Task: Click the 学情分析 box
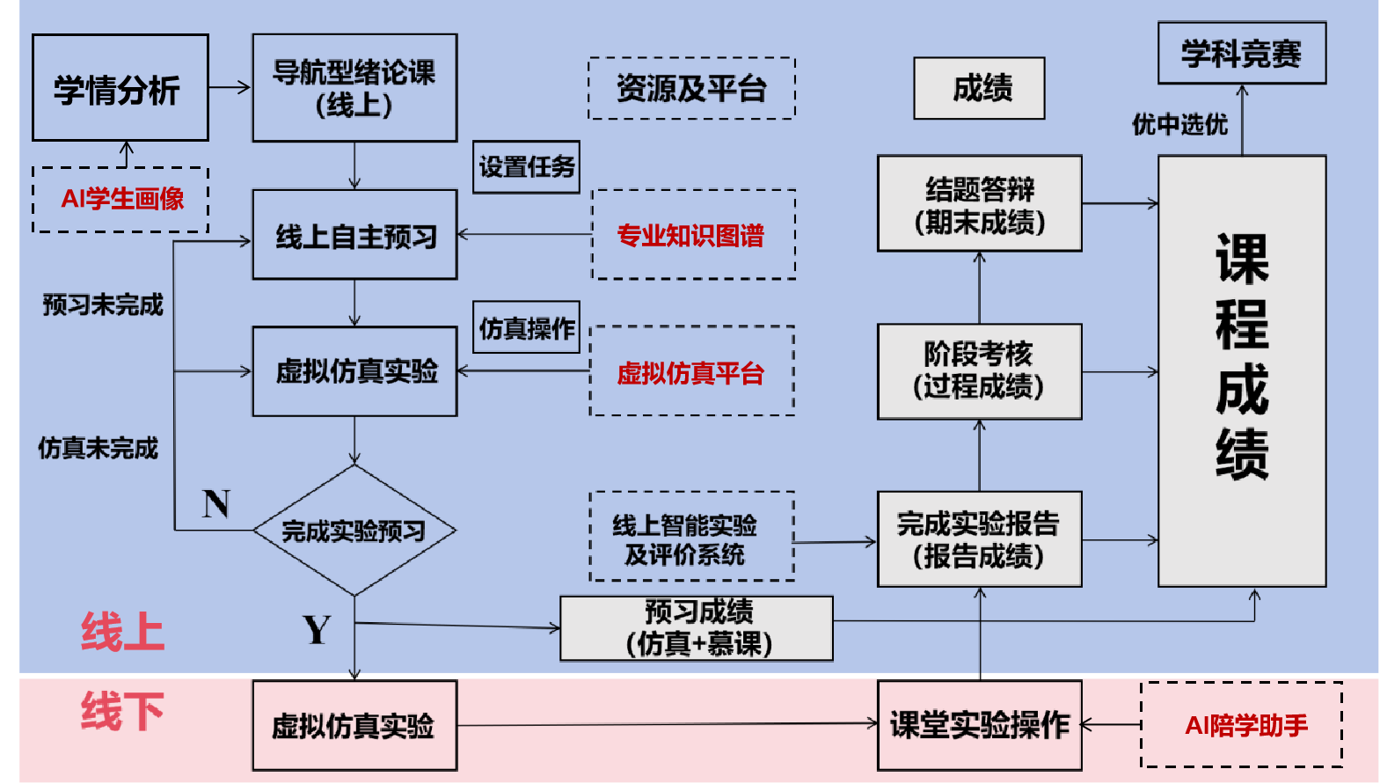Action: point(120,88)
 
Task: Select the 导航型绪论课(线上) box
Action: point(354,88)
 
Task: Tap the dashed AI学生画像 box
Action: point(120,200)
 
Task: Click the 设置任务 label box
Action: point(526,167)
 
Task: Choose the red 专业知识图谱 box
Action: point(693,235)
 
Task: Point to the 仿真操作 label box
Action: point(526,328)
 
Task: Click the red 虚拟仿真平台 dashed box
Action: point(691,372)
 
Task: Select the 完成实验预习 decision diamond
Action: point(354,531)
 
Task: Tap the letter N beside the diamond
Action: point(215,504)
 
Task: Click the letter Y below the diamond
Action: point(317,630)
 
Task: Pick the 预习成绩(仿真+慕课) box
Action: point(697,628)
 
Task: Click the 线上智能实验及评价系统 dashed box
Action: point(691,537)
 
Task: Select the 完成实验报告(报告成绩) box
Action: point(979,539)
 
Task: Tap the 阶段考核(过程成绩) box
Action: point(979,371)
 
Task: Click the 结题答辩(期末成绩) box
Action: point(979,204)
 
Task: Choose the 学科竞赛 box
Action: point(1241,54)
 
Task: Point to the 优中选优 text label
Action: point(1179,125)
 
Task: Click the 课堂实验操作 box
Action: point(979,725)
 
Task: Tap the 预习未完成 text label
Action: point(103,305)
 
